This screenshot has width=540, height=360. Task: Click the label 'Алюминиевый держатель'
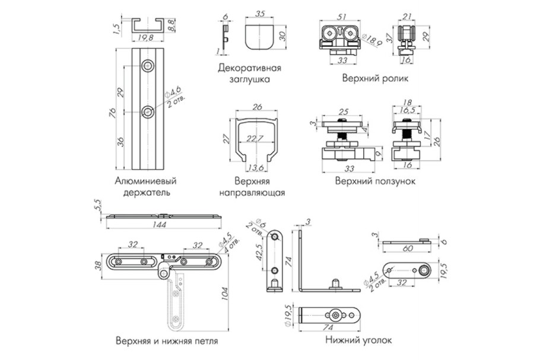(147, 186)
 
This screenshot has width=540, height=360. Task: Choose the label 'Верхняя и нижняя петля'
(167, 341)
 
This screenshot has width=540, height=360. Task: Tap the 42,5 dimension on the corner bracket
(259, 254)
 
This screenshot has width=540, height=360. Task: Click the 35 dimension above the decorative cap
(259, 14)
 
